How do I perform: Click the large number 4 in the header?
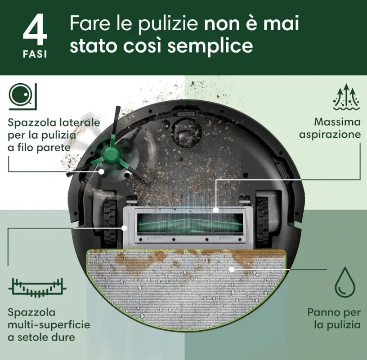click(x=35, y=29)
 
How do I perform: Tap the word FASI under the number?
click(x=35, y=54)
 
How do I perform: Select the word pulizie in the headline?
click(x=168, y=23)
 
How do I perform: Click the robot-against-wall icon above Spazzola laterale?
click(x=22, y=96)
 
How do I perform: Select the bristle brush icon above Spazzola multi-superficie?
click(x=37, y=288)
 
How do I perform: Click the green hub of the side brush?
click(x=111, y=153)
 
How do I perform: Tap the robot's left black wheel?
click(x=110, y=224)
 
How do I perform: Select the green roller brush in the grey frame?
click(x=190, y=224)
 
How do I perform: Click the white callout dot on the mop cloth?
click(x=232, y=270)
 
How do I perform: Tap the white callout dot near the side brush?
click(x=101, y=171)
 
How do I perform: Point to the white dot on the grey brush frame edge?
click(x=125, y=228)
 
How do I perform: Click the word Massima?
click(x=337, y=122)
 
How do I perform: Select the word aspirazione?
click(x=330, y=135)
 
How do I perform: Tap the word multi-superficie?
click(x=49, y=325)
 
